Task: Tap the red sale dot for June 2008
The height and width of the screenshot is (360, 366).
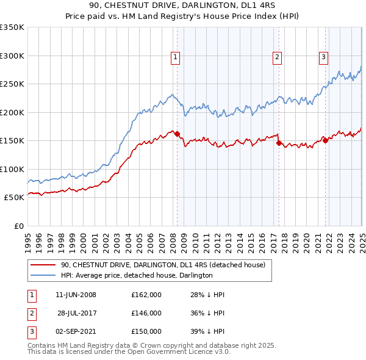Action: click(x=178, y=134)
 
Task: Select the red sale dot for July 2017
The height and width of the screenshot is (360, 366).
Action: click(x=279, y=143)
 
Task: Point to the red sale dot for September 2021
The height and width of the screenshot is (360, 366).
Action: click(x=325, y=141)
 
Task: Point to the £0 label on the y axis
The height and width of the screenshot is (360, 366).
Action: click(x=18, y=226)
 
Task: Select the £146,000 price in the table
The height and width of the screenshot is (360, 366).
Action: click(x=146, y=313)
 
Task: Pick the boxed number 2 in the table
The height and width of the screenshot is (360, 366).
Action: click(x=32, y=313)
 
